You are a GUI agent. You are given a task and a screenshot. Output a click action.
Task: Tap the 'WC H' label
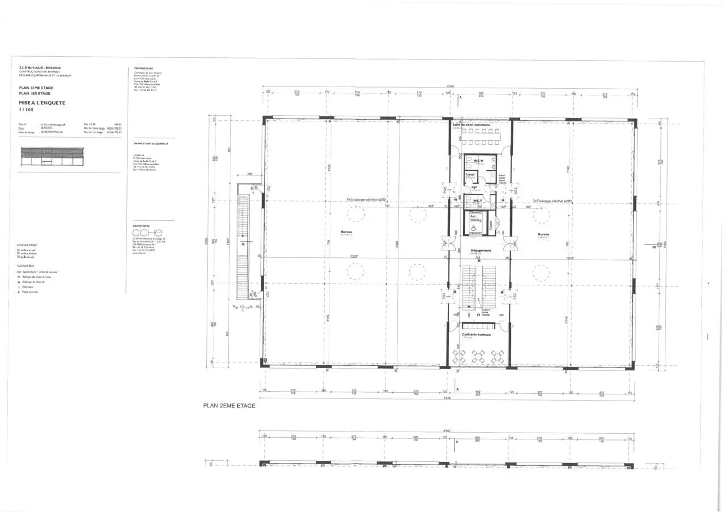tap(478, 160)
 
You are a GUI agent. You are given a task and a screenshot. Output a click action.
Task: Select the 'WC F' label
tap(477, 200)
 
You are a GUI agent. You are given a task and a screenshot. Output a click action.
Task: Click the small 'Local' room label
tap(470, 175)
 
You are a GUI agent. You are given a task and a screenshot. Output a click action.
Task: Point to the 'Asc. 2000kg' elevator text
tap(476, 218)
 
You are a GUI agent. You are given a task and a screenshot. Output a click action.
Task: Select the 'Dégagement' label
tap(480, 250)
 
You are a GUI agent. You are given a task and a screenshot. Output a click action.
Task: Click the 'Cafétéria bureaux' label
tap(476, 334)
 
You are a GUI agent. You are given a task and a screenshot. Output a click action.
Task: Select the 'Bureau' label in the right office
tap(543, 234)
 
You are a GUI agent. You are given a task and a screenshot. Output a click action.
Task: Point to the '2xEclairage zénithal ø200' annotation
tap(552, 201)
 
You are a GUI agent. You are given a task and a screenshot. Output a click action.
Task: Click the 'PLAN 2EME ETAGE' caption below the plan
tap(229, 405)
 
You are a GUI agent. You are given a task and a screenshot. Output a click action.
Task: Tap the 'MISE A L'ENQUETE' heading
tap(42, 103)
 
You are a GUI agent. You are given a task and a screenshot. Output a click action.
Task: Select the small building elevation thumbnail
tap(51, 156)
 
